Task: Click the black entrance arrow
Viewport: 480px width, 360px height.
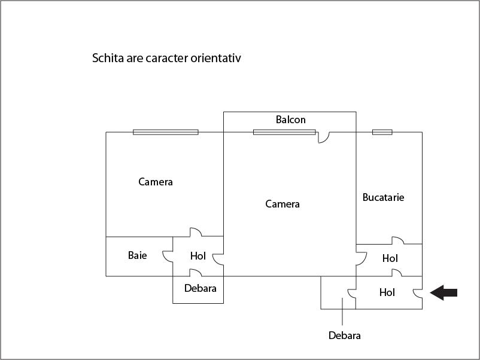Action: (x=443, y=292)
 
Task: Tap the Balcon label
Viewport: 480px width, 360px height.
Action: (x=290, y=120)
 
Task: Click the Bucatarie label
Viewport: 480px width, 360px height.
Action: (x=383, y=197)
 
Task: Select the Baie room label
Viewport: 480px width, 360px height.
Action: (x=138, y=255)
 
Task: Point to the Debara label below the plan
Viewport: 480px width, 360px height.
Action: (x=344, y=335)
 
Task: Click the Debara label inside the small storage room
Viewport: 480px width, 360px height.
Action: (x=200, y=288)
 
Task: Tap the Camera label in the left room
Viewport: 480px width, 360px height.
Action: (x=156, y=182)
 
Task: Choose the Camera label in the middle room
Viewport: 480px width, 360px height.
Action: (x=282, y=204)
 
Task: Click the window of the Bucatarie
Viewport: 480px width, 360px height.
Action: (x=382, y=132)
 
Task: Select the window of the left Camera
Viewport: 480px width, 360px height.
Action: (x=166, y=132)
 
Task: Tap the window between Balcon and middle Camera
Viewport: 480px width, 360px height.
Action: (x=284, y=132)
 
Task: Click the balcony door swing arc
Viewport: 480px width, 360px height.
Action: (x=324, y=138)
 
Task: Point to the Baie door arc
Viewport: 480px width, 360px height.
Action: (x=168, y=257)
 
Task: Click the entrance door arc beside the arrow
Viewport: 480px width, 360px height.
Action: (x=418, y=293)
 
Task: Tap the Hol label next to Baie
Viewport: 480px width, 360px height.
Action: (x=198, y=256)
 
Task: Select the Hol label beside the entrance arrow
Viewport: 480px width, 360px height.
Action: (x=387, y=292)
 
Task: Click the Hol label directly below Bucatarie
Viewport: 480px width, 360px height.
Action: (x=390, y=258)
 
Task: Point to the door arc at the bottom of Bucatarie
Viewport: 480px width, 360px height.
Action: (x=398, y=240)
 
